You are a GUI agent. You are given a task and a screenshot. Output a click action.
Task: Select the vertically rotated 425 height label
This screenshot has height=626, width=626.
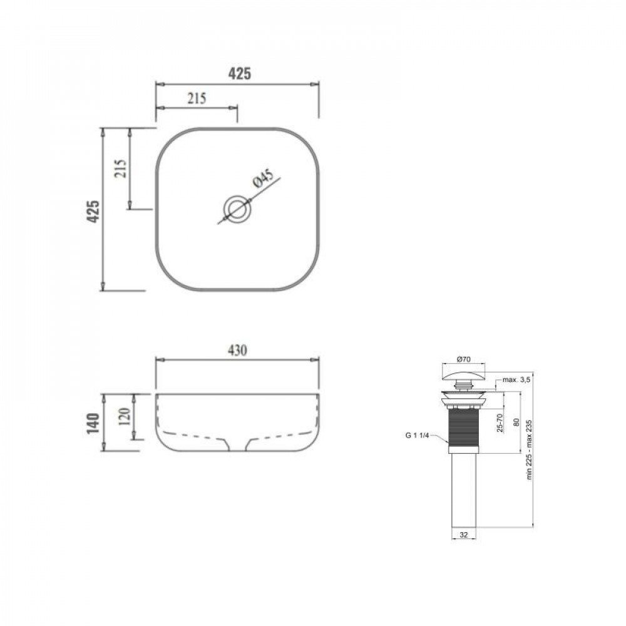coord(93,212)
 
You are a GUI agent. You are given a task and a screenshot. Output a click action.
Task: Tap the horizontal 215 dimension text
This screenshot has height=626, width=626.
coord(196,98)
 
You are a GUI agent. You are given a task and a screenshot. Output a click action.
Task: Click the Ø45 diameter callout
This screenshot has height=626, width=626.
coord(262,178)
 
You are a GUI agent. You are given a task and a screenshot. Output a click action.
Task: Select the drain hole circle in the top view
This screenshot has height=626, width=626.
coord(237,208)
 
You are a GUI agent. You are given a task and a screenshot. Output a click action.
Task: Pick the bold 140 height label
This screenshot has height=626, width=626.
coord(93,424)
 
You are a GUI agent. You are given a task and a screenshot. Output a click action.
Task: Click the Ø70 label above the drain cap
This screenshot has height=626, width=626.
coord(464,359)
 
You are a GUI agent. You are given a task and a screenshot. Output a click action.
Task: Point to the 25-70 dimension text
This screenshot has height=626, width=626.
coord(499,423)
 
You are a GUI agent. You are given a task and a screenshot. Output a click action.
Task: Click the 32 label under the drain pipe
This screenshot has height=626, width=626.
coord(464,535)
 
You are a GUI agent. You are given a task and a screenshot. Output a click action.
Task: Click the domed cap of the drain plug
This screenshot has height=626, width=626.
coord(464,374)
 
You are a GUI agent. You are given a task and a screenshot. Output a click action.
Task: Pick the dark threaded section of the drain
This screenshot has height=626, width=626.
coord(464,426)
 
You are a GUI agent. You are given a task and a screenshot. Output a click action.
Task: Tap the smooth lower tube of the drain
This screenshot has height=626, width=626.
coord(464,488)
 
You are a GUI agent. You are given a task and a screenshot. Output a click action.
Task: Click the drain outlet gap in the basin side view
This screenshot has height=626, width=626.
coord(237,445)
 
